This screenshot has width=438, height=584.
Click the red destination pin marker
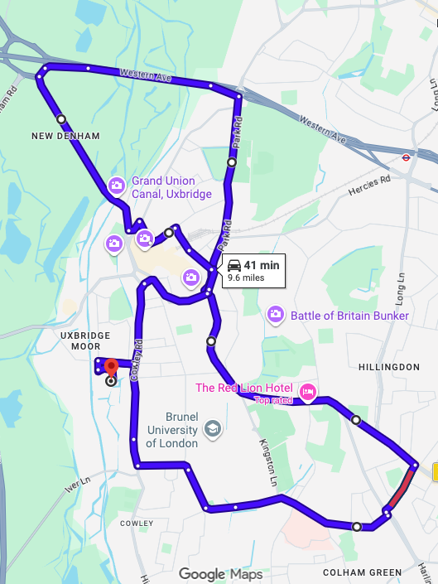[111, 367]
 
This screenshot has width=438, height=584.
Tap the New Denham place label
[65, 136]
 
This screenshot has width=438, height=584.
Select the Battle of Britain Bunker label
[349, 316]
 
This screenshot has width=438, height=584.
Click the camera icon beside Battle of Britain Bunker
[276, 315]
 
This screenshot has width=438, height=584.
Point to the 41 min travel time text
[262, 265]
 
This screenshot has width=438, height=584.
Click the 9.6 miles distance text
[246, 278]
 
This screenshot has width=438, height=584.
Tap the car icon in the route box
[234, 266]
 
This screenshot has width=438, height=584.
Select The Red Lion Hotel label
[245, 388]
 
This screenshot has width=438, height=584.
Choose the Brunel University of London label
[172, 430]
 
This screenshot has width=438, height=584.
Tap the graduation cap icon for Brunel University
[213, 429]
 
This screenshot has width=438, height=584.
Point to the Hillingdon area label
[390, 367]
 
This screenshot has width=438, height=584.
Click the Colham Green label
[362, 573]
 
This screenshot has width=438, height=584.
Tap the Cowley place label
[137, 524]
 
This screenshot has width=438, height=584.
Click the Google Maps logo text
[220, 574]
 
